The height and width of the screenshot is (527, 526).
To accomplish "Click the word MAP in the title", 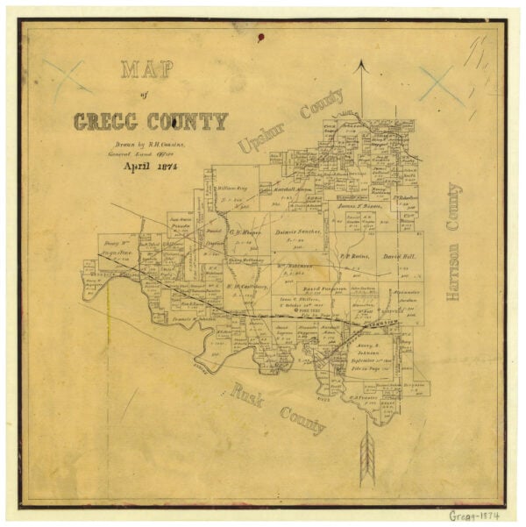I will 146,70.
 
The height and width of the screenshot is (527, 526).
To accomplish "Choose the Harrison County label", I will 453,242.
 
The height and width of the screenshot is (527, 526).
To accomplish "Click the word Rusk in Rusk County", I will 247,396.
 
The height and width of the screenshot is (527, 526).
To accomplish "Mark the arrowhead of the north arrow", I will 359,66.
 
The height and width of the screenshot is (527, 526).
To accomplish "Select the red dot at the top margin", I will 260,38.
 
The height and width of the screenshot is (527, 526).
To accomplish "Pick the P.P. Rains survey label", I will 352,256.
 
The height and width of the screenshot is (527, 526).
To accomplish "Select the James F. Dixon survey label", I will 356,205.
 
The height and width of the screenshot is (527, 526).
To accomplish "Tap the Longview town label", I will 380,323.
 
